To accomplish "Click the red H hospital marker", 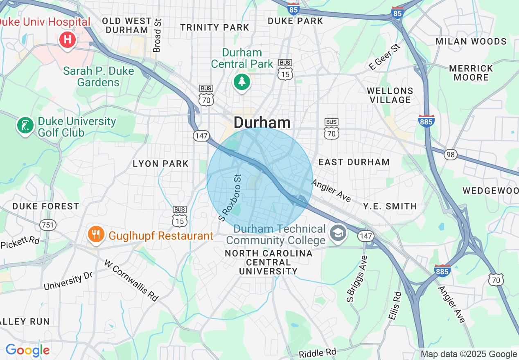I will (x=68, y=40).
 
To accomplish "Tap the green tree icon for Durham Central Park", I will (x=242, y=82).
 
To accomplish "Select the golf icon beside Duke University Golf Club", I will (x=25, y=125).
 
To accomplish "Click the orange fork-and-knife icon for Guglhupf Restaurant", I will (x=96, y=235).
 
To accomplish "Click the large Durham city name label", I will (x=262, y=122).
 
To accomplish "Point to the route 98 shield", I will (x=450, y=155).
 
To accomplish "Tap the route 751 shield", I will (x=47, y=225).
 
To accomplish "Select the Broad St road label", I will (x=157, y=35).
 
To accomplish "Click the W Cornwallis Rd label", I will (x=131, y=280).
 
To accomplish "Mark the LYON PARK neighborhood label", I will (x=160, y=164).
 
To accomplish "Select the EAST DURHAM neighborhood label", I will (x=354, y=162).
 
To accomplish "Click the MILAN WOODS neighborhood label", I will (x=471, y=41).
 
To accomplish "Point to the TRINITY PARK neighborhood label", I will (x=215, y=27).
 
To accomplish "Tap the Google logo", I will (x=27, y=351).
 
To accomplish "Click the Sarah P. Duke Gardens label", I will (x=99, y=76).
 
